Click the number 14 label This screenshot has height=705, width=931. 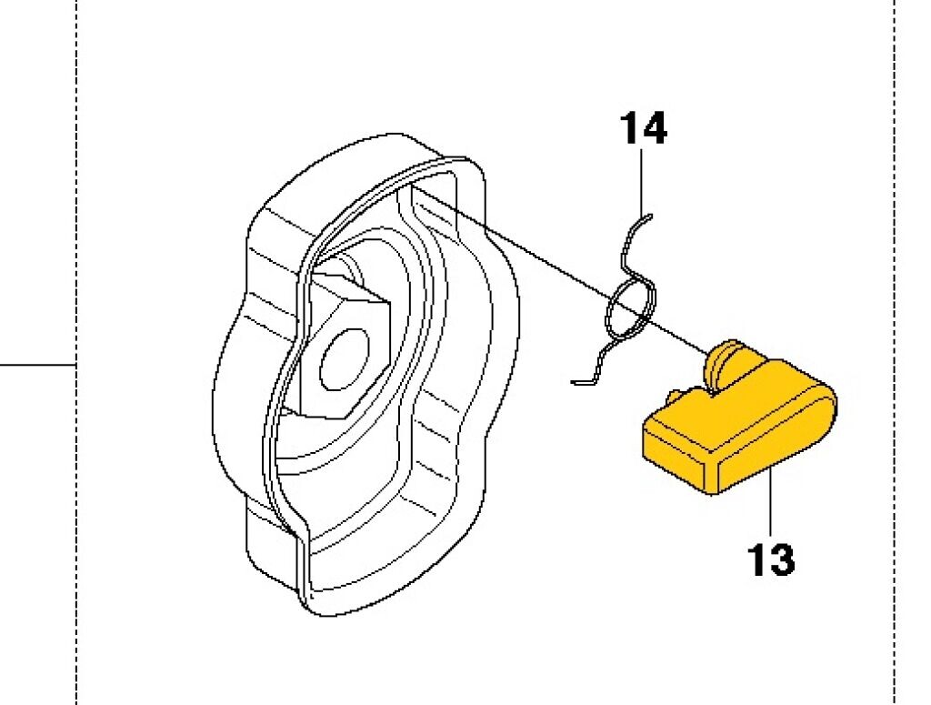643,128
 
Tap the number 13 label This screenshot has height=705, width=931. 771,559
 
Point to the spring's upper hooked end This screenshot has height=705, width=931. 645,217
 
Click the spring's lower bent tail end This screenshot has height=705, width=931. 581,381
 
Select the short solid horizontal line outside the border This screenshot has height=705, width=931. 36,365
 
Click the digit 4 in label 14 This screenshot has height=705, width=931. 654,128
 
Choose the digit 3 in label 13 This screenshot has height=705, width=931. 782,559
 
